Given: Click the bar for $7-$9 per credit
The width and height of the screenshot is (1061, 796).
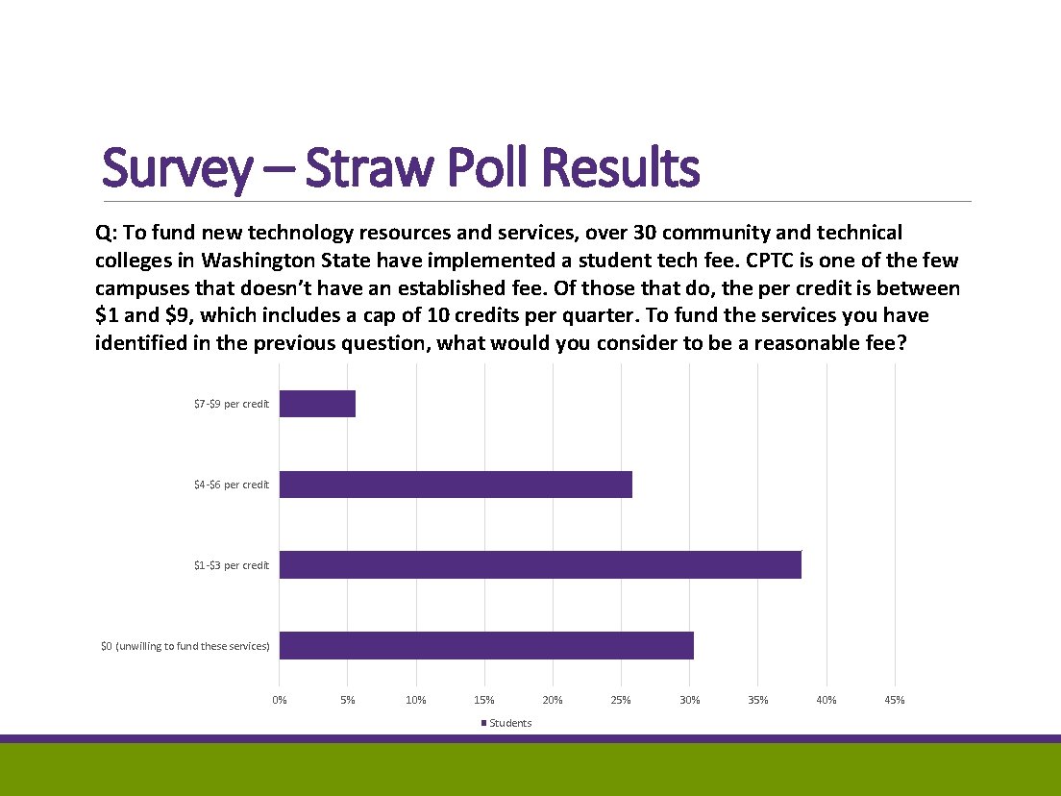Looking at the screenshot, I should click(317, 404).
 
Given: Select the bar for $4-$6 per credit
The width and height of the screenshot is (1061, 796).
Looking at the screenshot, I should click(456, 485).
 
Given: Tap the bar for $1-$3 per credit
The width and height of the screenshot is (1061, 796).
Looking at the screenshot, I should click(540, 565).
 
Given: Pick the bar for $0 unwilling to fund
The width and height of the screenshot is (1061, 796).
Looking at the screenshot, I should click(486, 646).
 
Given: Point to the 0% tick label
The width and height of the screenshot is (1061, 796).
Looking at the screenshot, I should click(280, 700).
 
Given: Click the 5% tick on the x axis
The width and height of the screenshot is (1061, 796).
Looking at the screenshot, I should click(348, 700).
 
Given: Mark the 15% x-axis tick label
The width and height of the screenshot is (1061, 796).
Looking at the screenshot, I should click(484, 700).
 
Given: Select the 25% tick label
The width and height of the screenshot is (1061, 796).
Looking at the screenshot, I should click(621, 700).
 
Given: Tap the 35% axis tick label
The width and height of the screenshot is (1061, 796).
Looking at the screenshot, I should click(757, 700).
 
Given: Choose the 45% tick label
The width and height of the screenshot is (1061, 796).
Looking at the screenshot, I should click(894, 700).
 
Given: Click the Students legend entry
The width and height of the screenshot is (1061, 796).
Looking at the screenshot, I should click(509, 723).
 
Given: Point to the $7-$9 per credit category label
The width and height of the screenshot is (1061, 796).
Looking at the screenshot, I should click(232, 404).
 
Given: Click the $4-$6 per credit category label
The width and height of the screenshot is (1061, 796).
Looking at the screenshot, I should click(232, 485).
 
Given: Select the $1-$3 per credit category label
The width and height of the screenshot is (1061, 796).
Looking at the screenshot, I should click(232, 565).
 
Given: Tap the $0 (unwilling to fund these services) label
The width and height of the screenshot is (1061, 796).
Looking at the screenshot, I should click(185, 646).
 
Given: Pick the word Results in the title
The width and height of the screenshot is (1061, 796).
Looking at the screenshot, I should click(620, 168).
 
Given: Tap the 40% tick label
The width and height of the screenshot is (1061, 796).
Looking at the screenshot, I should click(826, 700).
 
